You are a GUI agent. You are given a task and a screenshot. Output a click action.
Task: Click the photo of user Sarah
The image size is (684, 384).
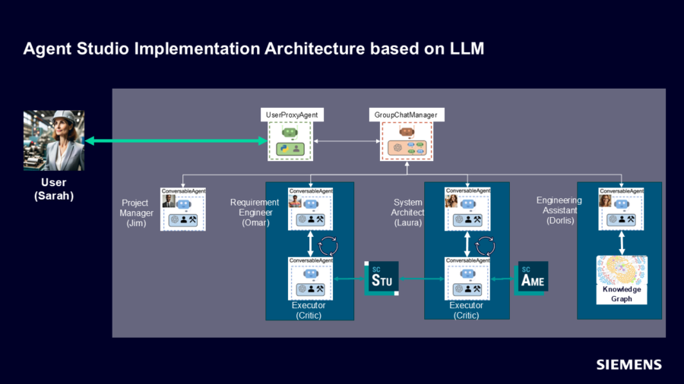pyautogui.click(x=54, y=141)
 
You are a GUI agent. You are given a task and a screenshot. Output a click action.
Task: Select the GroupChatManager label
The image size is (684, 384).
pyautogui.click(x=405, y=115)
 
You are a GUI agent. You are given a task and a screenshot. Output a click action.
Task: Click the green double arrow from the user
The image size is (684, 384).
pyautogui.click(x=176, y=141)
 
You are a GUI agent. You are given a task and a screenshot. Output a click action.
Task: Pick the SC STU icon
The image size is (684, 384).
pyautogui.click(x=381, y=279)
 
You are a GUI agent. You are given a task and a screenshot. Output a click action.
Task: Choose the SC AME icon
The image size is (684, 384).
pyautogui.click(x=532, y=279)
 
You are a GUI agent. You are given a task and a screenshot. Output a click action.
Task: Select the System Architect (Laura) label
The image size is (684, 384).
pyautogui.click(x=409, y=212)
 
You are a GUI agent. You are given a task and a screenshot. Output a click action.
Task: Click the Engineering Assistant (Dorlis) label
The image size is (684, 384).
pyautogui.click(x=559, y=211)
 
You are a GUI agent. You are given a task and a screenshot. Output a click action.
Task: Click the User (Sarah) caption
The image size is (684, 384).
pyautogui.click(x=53, y=189)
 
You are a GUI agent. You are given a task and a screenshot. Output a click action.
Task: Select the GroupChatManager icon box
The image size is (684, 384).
pyautogui.click(x=405, y=141)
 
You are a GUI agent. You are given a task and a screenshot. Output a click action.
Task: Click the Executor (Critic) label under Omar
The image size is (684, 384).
pyautogui.click(x=309, y=310)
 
